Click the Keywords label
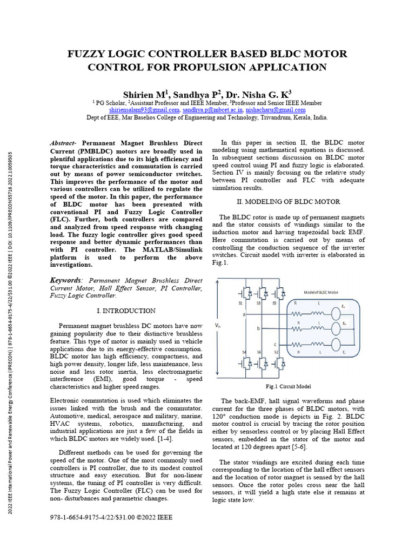[66, 280]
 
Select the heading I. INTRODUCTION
[126, 311]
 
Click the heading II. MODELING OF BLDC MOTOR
[289, 202]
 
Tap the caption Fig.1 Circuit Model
[288, 387]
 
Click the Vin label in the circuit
[218, 326]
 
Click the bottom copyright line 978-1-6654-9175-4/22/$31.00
[111, 517]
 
